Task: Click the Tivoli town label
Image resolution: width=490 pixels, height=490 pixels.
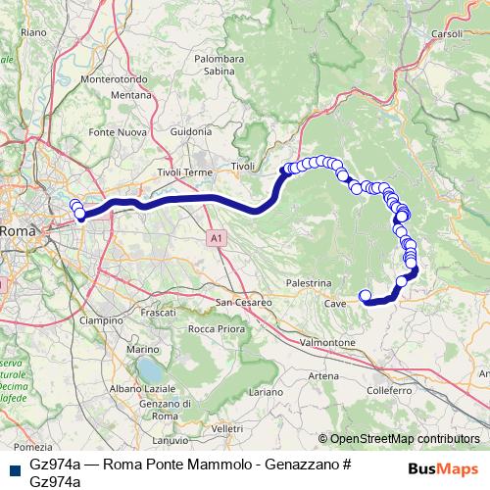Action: (242, 167)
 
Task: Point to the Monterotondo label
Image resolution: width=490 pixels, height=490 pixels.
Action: (116, 79)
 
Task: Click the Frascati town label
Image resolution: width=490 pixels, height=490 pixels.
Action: (158, 312)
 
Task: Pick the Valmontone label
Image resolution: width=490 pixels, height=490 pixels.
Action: (327, 343)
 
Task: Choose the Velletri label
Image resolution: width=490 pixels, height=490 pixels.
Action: (226, 429)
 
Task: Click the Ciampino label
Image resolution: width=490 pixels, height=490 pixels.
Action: (102, 320)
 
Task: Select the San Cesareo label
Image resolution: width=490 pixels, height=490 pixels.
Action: (244, 302)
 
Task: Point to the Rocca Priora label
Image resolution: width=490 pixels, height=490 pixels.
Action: (216, 328)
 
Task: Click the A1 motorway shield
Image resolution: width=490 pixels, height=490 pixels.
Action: (216, 237)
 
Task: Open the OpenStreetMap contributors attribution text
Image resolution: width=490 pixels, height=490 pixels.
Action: (399, 439)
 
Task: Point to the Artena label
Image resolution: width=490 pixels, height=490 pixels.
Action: (324, 376)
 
